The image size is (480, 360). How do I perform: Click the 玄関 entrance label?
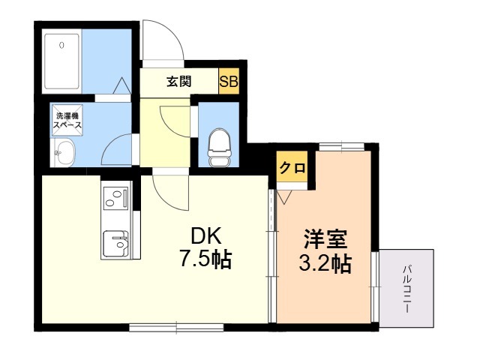(x=178, y=82)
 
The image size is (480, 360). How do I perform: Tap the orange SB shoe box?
(x=228, y=82)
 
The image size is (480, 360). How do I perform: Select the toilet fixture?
(x=219, y=147)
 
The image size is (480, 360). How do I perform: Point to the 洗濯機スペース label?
(x=67, y=121)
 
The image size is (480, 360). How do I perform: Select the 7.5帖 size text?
(x=204, y=260)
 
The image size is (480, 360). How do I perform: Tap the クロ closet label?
(x=292, y=168)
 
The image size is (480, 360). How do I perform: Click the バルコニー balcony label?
(x=407, y=289)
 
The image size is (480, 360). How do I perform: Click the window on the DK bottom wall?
(x=176, y=326)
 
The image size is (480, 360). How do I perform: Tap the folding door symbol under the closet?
(x=286, y=197)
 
